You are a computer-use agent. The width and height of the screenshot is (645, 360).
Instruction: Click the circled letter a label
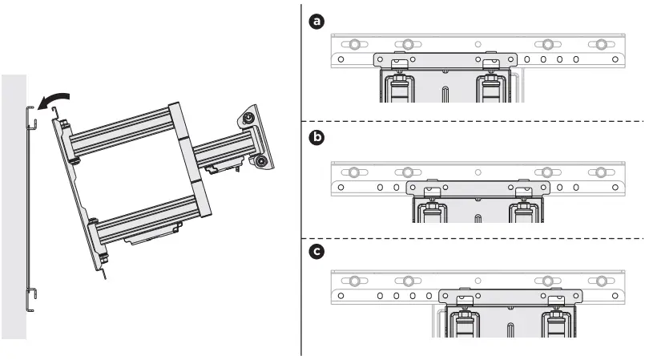pyautogui.click(x=318, y=22)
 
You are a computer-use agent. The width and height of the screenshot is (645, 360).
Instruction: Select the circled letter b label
pyautogui.click(x=318, y=138)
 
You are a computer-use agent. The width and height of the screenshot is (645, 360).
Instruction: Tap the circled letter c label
pyautogui.click(x=318, y=252)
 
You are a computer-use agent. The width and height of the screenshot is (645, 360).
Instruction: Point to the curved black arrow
pyautogui.click(x=53, y=99)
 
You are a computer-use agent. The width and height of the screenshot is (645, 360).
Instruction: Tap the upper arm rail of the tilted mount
pyautogui.click(x=120, y=129)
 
